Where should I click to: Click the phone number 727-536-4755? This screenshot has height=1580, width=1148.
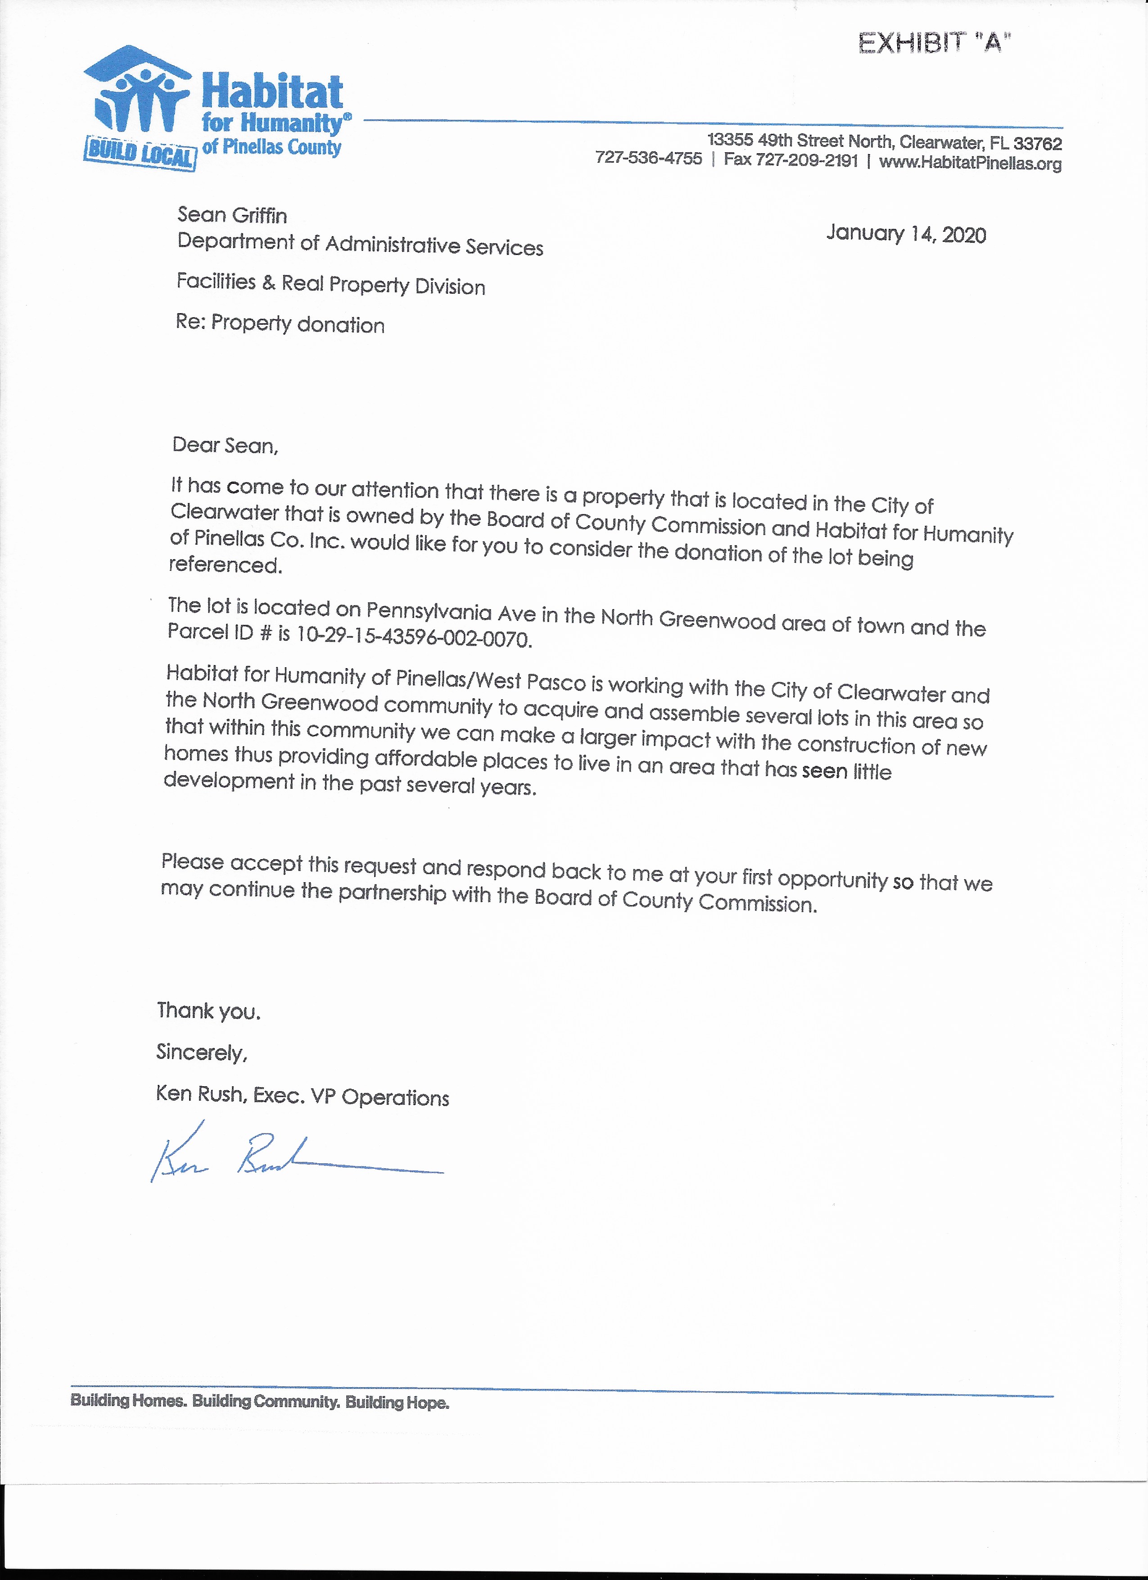pyautogui.click(x=648, y=158)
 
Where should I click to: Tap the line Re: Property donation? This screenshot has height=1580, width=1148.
pyautogui.click(x=280, y=323)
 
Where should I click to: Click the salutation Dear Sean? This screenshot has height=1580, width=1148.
pyautogui.click(x=225, y=445)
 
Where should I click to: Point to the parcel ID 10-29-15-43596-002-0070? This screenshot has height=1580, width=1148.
pyautogui.click(x=414, y=637)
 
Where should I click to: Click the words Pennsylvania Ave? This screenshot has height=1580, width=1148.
pyautogui.click(x=451, y=612)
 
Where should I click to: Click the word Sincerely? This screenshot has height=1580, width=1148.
pyautogui.click(x=201, y=1052)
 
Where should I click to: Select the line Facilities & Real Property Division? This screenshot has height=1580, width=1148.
pyautogui.click(x=331, y=283)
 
